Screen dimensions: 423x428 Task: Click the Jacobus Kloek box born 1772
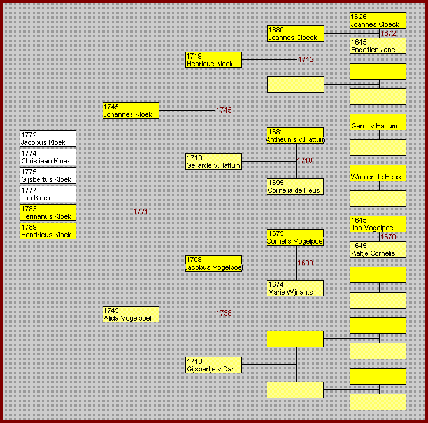[48, 139]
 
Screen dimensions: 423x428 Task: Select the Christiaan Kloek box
[48, 157]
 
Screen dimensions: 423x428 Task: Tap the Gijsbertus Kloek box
[48, 176]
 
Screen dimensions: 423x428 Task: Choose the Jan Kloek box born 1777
[48, 194]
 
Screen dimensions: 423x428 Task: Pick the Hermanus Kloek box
[48, 212]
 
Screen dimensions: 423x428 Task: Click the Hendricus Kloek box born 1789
[48, 231]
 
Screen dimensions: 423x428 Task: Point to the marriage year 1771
[141, 211]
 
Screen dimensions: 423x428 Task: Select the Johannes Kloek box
[131, 111]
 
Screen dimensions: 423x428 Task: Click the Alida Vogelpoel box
[131, 314]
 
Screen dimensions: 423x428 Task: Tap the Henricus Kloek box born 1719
[213, 60]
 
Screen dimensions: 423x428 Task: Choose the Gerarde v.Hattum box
[213, 162]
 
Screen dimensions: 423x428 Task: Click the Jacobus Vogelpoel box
[213, 263]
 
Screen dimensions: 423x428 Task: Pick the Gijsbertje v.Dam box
[213, 365]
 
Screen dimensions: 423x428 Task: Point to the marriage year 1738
[224, 313]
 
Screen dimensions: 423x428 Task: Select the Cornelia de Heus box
[295, 186]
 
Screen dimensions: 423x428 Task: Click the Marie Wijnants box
[295, 288]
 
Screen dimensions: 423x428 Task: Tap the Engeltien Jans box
[378, 46]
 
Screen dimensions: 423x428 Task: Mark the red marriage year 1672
[388, 33]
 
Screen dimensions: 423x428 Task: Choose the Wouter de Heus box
[378, 173]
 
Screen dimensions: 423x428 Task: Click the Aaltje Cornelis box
[378, 249]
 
